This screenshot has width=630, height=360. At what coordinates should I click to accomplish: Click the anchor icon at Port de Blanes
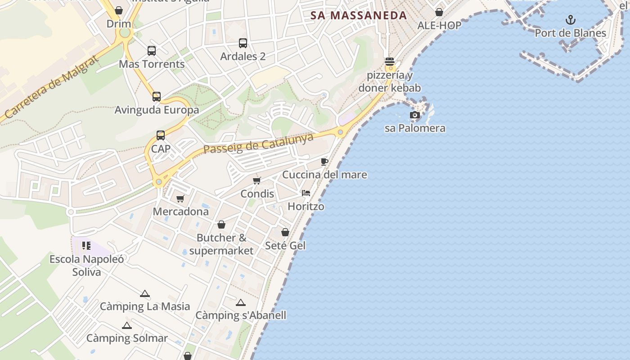point(571,20)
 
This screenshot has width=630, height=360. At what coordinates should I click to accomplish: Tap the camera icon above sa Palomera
point(414,115)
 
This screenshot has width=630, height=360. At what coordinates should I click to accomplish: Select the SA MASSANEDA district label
point(359,15)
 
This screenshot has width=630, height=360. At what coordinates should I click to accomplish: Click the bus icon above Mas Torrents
point(152,51)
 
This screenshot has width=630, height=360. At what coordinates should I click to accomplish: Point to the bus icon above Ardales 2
point(243,43)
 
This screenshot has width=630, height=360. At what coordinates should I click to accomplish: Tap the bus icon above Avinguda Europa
point(157,97)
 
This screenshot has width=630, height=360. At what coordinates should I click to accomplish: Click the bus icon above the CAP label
point(161,135)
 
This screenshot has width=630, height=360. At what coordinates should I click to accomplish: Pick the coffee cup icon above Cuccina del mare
point(324,162)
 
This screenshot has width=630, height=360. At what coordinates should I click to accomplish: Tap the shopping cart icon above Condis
point(257,181)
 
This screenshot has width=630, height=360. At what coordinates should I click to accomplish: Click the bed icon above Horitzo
point(306,193)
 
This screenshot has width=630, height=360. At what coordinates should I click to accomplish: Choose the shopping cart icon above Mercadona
point(180,199)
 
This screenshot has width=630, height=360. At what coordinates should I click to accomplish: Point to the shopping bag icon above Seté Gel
point(285,232)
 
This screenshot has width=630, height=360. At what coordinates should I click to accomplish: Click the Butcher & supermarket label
point(221,244)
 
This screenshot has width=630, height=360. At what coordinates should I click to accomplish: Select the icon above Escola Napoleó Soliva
point(86,246)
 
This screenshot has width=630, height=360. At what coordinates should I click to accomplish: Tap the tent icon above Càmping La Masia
point(144,294)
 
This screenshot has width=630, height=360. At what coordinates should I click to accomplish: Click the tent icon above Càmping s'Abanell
point(241,303)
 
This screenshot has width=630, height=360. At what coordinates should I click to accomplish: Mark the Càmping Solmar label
point(127,338)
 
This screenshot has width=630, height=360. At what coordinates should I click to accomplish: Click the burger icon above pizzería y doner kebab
point(390,62)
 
